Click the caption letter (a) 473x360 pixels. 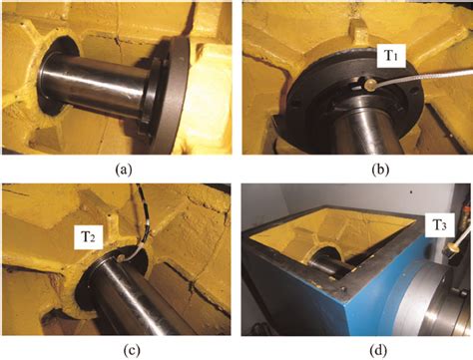tap(115, 168)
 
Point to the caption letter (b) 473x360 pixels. tap(354, 168)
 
